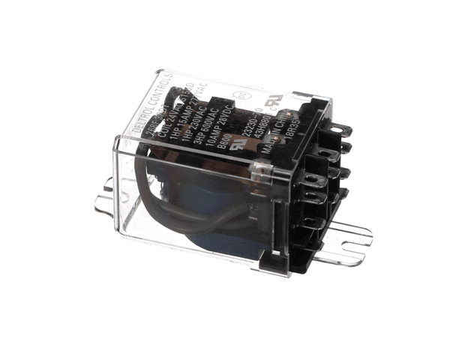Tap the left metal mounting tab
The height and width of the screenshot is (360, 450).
tap(105, 199)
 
